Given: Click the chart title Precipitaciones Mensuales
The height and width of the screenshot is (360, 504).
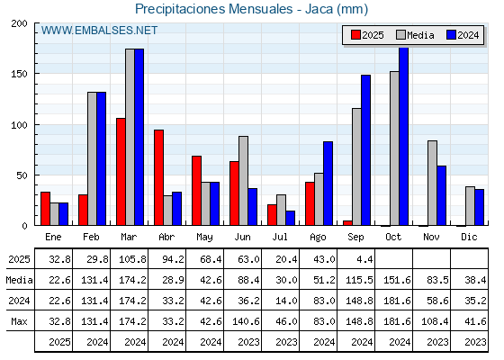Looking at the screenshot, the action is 214,9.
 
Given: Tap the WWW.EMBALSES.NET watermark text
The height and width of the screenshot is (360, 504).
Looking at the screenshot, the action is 99,31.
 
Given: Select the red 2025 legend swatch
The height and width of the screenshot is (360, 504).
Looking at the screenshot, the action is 355,35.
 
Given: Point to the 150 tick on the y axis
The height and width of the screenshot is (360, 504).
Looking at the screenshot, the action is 19,74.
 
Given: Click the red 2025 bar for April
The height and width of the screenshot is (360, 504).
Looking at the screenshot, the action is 158,177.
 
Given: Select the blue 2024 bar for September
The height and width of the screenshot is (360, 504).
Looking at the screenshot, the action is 365,150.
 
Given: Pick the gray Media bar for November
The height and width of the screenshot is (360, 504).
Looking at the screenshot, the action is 432,183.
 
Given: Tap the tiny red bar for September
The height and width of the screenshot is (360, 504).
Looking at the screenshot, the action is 347,223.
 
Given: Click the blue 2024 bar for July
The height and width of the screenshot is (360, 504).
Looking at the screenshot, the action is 290,218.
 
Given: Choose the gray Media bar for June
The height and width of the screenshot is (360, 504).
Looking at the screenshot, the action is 243,181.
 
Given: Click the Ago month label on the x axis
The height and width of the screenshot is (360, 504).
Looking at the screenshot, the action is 318,238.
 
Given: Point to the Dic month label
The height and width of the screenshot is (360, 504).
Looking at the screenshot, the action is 469,237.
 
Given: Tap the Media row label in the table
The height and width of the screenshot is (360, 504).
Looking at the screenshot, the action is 19,280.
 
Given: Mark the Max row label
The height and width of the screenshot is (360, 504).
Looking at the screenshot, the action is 19,321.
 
